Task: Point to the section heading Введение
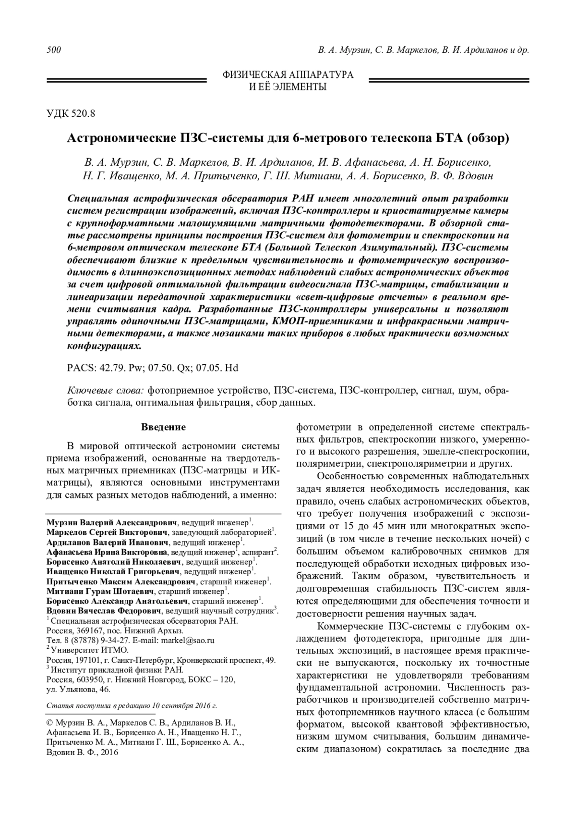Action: pyautogui.click(x=163, y=427)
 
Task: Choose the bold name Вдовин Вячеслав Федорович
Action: pyautogui.click(x=105, y=611)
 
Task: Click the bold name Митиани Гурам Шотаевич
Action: pyautogui.click(x=100, y=591)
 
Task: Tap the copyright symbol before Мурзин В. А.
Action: pyautogui.click(x=50, y=723)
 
